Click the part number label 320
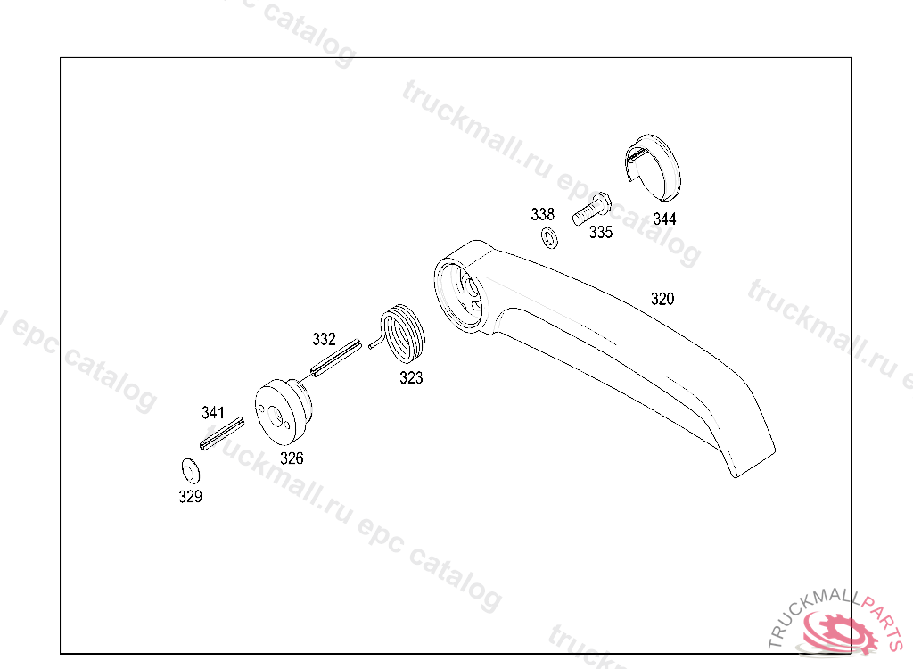662,299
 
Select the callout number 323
411,377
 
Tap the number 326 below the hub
292,458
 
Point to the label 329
190,497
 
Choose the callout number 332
324,339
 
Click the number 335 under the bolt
601,232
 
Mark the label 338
542,214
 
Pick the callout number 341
213,412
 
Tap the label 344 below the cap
664,219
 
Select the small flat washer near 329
188,470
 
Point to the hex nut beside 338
549,237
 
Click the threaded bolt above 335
590,209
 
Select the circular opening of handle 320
460,293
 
